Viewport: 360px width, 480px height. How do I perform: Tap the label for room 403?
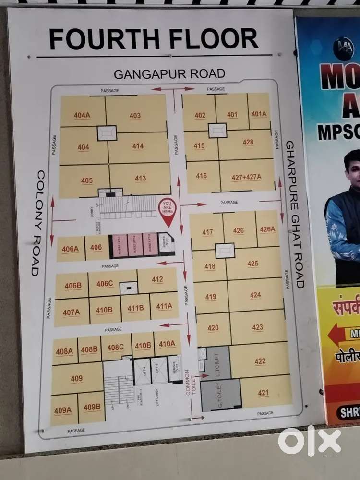click(135, 115)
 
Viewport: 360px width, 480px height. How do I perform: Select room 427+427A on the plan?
click(246, 177)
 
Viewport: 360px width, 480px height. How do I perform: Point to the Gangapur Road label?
click(169, 74)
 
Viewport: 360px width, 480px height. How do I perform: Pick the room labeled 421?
click(263, 393)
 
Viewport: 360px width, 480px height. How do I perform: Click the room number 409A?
click(63, 410)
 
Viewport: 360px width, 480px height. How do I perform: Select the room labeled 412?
click(157, 279)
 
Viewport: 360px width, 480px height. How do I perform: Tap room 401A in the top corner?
click(259, 114)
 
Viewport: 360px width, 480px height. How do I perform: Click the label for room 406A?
click(70, 249)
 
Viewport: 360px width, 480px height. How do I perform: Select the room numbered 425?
click(253, 264)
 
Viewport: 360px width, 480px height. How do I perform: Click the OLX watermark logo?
click(310, 441)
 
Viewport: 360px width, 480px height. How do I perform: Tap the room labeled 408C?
click(116, 348)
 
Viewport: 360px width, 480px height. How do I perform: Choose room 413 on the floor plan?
click(140, 179)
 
